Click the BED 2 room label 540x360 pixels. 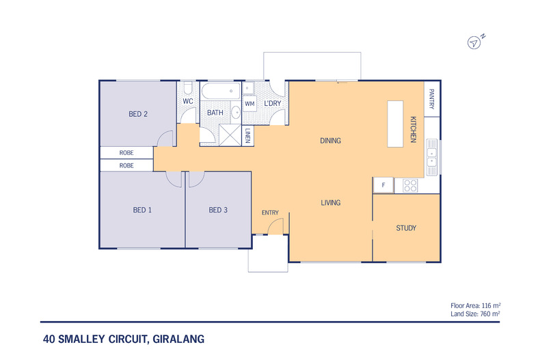point(138,114)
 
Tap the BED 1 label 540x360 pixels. point(141,210)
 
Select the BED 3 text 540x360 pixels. point(218,210)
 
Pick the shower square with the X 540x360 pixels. point(231,135)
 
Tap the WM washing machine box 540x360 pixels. point(249,104)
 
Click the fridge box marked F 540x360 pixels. point(383,184)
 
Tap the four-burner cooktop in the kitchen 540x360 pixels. point(410,184)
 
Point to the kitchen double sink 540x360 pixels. point(431,154)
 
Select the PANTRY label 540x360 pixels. point(431,100)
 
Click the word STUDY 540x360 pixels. point(406,228)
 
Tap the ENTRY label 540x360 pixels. point(270,212)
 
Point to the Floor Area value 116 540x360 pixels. point(487,305)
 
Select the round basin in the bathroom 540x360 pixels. point(236,112)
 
